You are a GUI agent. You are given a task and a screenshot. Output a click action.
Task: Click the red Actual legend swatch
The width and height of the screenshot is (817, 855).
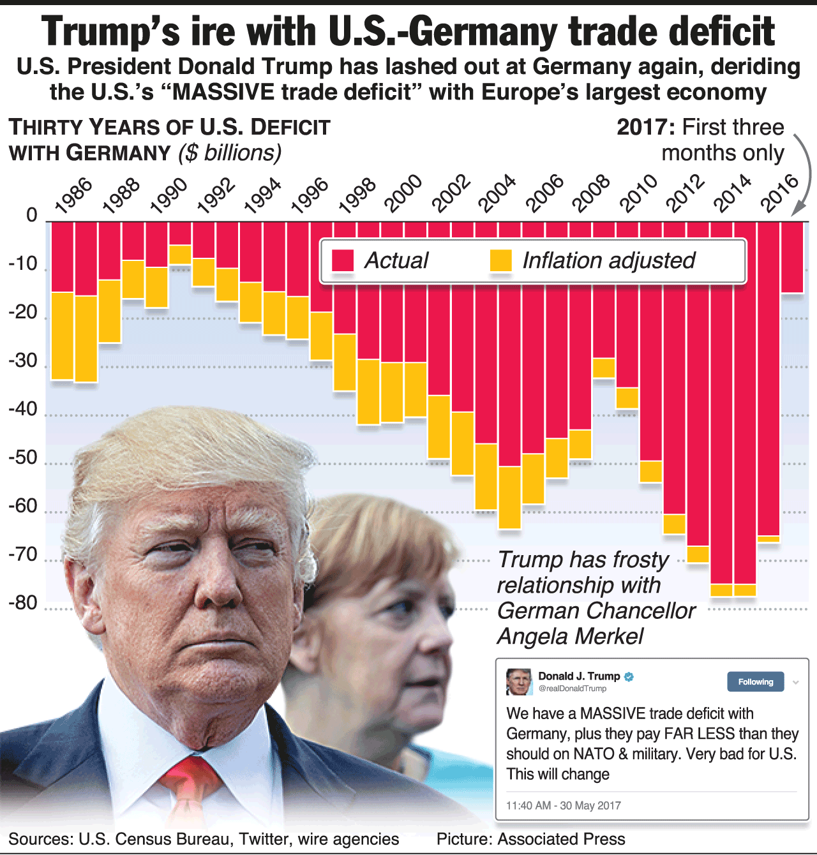(x=343, y=260)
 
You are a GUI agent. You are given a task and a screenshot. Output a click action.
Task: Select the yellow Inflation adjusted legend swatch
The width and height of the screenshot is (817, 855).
(x=501, y=260)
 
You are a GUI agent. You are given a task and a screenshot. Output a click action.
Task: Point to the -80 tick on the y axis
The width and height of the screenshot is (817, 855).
(x=23, y=603)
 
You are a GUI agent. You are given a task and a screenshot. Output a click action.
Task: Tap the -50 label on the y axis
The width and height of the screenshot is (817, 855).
(x=23, y=458)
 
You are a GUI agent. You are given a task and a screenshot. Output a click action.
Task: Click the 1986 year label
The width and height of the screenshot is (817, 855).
(x=73, y=195)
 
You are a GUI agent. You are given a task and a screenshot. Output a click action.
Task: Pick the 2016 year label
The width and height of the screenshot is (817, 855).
(x=780, y=193)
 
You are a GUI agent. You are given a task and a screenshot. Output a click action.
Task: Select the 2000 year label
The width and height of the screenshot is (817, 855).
(x=403, y=193)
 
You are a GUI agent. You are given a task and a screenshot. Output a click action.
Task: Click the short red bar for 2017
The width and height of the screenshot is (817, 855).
(x=793, y=257)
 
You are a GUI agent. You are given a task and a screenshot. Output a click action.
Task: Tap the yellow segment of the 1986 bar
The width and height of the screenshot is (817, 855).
(x=63, y=336)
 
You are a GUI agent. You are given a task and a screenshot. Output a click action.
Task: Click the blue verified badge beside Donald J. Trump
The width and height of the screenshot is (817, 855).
(x=629, y=676)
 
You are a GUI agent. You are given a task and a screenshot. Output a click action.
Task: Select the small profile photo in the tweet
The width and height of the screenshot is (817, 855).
(x=519, y=682)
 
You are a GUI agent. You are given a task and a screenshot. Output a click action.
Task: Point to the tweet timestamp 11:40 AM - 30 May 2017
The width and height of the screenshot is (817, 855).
(x=563, y=805)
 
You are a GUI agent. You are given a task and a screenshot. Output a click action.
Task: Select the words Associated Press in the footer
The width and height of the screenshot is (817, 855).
(x=561, y=839)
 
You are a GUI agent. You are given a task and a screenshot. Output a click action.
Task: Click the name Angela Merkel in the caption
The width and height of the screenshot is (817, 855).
(x=570, y=636)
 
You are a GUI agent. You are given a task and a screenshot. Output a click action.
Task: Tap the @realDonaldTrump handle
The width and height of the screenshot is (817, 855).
(x=573, y=688)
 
